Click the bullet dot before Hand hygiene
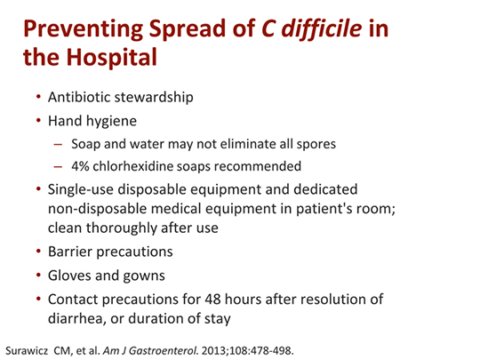pyautogui.click(x=38, y=119)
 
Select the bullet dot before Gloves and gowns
pyautogui.click(x=38, y=275)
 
